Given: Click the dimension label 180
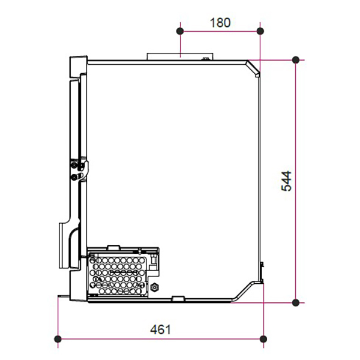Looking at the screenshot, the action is [220, 23].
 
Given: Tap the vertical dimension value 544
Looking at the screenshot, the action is [286, 181].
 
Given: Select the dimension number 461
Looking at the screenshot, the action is [160, 329].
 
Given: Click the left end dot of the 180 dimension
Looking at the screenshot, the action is [180, 31].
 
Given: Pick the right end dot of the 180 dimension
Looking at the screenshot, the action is [260, 31].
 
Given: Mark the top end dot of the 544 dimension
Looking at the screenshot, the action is [296, 60].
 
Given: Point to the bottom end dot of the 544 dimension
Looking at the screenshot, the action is [296, 302].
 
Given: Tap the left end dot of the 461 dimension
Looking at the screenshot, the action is [58, 338].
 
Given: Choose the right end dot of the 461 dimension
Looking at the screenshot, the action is [263, 338].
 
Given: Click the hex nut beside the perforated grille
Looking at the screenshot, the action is [155, 287].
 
